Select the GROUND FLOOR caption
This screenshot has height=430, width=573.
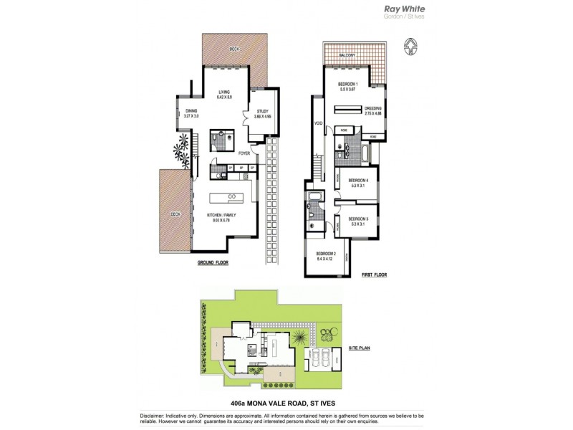tap(214, 264)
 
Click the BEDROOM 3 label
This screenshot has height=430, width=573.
tap(357, 219)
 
